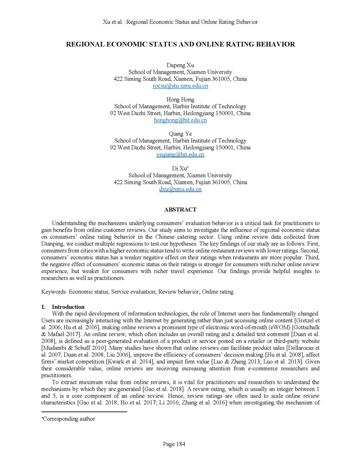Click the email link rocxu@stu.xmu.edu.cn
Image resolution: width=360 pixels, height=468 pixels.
pos(180,86)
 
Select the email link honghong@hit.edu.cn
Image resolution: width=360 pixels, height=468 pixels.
pos(180,120)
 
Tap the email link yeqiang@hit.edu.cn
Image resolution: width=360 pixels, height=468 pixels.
pos(180,155)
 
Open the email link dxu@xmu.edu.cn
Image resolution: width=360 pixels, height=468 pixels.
pos(180,189)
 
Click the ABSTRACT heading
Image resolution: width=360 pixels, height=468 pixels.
pos(180,210)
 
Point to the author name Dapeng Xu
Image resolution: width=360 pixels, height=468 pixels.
pos(180,65)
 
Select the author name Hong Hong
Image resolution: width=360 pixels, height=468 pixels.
pos(180,100)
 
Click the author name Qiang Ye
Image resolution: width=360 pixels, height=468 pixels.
pos(180,134)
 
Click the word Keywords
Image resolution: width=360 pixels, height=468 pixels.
pos(54,291)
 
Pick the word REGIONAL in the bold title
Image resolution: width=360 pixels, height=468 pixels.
pos(88,45)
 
